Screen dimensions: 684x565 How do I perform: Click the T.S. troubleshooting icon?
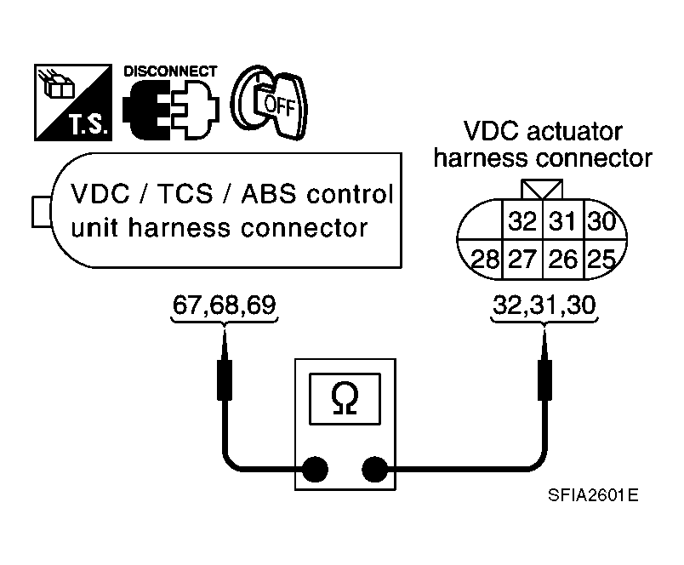(73, 102)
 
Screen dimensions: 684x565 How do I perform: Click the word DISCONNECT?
(170, 71)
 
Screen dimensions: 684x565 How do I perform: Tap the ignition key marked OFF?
(269, 102)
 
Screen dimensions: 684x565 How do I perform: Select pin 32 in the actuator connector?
(522, 220)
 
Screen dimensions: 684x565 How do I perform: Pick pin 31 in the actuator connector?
(562, 220)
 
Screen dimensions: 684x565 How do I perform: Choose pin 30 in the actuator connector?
(602, 220)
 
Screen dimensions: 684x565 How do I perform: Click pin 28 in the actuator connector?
(484, 260)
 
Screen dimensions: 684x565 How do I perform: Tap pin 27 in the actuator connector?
(522, 260)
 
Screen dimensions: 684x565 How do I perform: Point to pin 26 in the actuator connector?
(562, 260)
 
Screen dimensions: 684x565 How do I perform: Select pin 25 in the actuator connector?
(601, 260)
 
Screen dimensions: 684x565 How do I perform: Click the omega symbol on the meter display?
(345, 398)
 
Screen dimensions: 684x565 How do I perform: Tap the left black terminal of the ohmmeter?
(315, 470)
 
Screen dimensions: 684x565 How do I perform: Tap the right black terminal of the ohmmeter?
(375, 470)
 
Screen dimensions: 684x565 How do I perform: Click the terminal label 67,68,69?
(225, 305)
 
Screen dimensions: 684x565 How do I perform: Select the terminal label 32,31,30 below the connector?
(544, 305)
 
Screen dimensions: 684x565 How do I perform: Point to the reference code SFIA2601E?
(593, 495)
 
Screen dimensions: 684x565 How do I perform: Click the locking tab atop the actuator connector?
(542, 190)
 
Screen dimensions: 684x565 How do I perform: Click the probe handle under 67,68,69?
(225, 380)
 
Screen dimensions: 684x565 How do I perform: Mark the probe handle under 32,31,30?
(544, 380)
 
